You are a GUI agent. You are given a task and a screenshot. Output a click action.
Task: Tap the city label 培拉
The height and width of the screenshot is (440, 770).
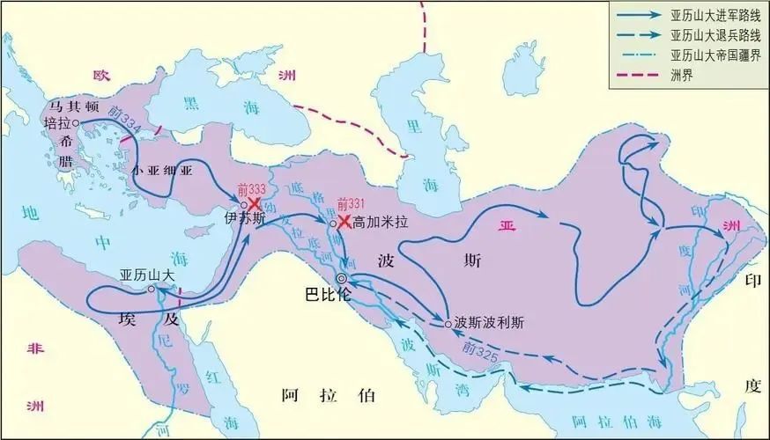click(56, 124)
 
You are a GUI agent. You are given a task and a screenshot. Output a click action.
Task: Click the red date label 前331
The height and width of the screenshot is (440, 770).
click(352, 204)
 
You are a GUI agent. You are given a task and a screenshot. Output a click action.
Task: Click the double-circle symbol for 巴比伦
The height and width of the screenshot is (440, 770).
click(342, 279)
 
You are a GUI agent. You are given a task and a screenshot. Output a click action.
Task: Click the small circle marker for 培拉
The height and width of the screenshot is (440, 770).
click(76, 124)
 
